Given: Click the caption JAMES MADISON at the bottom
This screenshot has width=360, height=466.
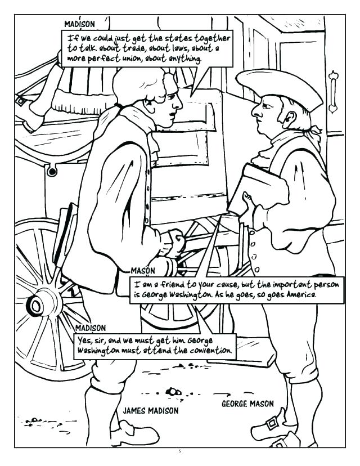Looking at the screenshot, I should coord(151,411).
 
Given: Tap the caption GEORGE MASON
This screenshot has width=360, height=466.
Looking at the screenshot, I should coord(247,404).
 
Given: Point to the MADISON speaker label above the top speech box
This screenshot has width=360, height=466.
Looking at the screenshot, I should coord(79,24).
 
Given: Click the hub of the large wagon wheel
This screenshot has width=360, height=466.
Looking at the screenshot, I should coord(37,305).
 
